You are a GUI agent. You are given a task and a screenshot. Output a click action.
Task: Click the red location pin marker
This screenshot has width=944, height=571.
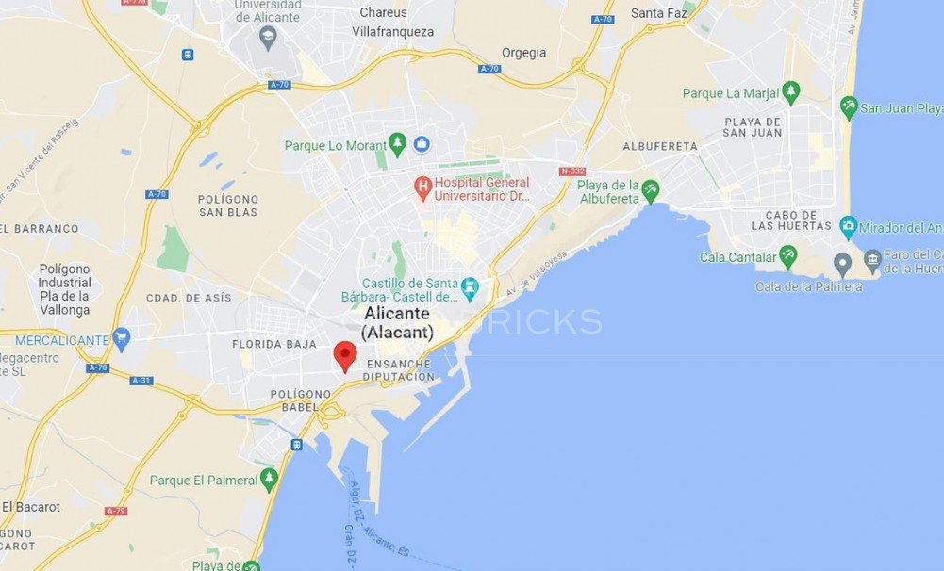point(345,356)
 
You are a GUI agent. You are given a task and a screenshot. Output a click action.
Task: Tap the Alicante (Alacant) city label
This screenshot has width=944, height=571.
point(397,322)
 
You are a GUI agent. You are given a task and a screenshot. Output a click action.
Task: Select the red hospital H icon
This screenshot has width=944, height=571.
point(422,188)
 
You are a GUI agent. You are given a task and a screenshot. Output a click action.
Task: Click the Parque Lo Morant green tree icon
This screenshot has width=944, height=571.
point(397,144)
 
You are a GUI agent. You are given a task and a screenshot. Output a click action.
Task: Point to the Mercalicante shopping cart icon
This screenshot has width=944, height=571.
point(121,339)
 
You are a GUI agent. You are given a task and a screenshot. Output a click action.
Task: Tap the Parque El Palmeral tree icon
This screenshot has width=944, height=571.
point(269,480)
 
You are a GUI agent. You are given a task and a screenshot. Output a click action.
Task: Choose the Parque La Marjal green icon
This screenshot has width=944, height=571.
point(790,93)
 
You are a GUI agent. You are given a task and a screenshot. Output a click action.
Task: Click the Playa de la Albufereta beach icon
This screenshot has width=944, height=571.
point(651,192)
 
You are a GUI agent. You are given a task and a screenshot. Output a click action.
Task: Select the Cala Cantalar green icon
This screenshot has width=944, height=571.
point(787,256)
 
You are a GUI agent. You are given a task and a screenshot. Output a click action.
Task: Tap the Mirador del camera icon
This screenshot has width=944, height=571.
point(848,227)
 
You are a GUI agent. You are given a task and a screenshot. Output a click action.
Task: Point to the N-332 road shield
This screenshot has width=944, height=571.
point(571,171)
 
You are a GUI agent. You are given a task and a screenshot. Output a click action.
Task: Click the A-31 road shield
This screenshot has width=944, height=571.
point(141,381)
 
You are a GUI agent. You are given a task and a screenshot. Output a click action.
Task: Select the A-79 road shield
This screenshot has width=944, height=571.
point(115,511)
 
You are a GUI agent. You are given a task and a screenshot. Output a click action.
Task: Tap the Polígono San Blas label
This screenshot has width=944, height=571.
point(228,205)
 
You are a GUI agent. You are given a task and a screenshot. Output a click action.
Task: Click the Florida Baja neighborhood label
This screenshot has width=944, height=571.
point(274,345)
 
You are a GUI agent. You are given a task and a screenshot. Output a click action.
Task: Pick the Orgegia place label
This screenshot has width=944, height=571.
point(523,53)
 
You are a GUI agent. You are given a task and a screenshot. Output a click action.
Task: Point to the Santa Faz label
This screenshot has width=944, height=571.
point(657,13)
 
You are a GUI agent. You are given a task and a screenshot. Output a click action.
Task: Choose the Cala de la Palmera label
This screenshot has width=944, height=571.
point(808,286)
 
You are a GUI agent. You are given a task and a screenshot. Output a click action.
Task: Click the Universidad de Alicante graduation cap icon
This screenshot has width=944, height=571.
point(268,38)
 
